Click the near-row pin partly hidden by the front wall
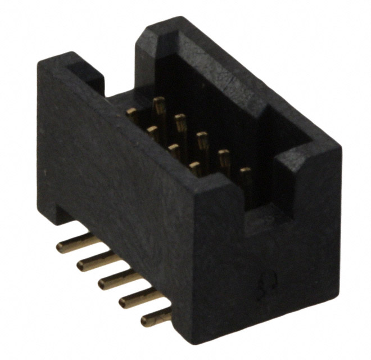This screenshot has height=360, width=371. point(195,166)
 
